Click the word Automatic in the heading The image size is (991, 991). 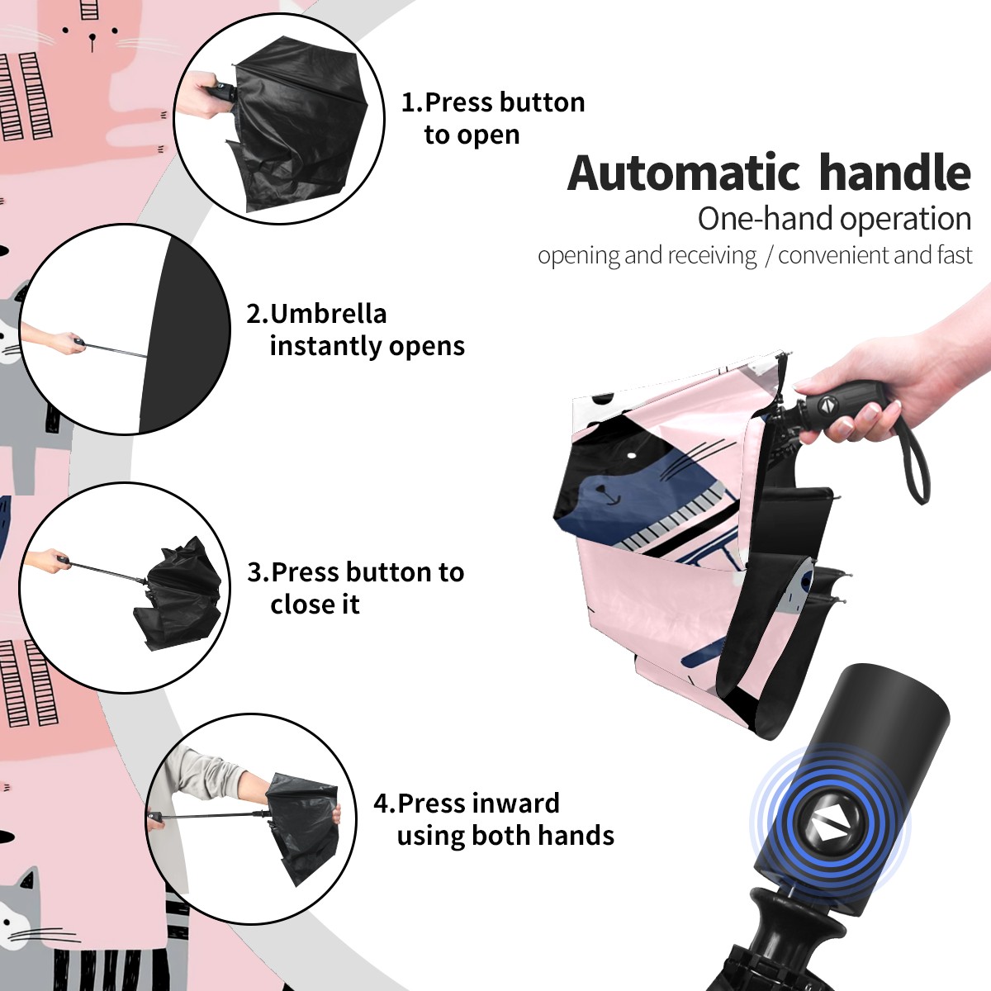tap(683, 173)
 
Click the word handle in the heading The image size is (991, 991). tap(895, 172)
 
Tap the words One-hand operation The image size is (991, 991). tap(834, 219)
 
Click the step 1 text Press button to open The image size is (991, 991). tap(493, 118)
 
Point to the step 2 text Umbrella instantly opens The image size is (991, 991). tap(355, 330)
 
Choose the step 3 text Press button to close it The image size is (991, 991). tap(355, 588)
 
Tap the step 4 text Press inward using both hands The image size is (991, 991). tap(494, 819)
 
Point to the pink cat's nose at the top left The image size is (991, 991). tap(92, 37)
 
